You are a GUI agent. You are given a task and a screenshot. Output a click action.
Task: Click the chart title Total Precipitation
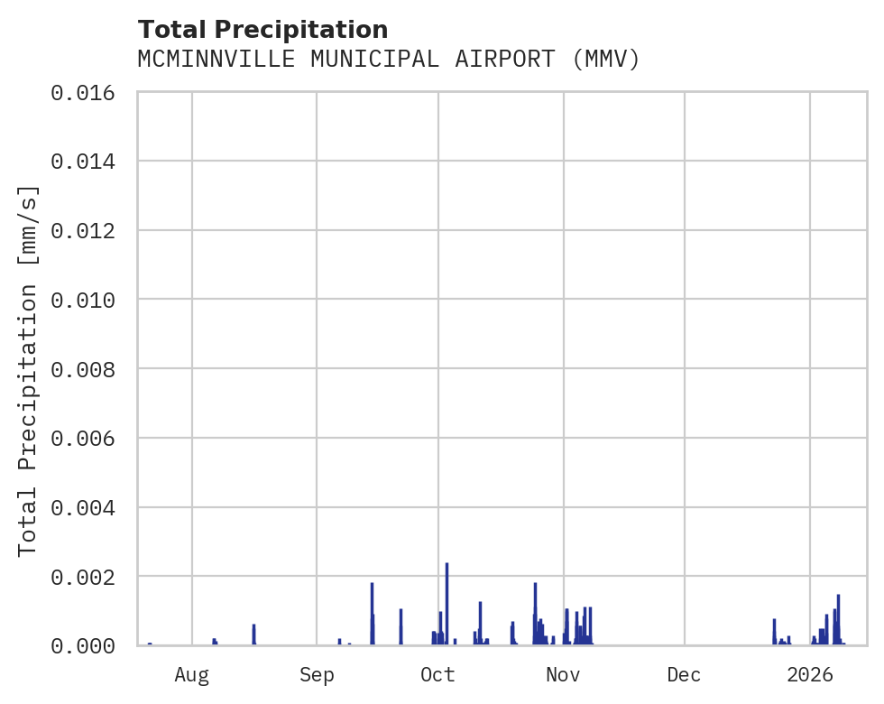(x=262, y=29)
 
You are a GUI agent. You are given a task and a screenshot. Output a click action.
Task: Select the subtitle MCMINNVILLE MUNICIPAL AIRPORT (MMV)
(x=389, y=60)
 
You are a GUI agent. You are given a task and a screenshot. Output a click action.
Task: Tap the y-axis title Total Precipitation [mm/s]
(x=28, y=370)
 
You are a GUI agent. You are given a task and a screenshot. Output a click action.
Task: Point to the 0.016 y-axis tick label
(x=88, y=92)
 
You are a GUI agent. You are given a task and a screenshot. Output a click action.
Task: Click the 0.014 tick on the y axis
(x=88, y=162)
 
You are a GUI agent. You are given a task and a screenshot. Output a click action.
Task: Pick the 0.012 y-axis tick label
(x=88, y=230)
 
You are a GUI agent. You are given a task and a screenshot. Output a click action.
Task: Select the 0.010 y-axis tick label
(x=88, y=300)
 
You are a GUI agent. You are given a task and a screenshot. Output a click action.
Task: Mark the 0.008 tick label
(x=88, y=369)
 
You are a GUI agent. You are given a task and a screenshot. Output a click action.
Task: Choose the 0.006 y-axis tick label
(x=88, y=438)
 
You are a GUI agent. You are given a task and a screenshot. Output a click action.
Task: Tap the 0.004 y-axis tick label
(x=88, y=507)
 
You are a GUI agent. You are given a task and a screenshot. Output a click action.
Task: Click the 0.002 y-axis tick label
(x=88, y=576)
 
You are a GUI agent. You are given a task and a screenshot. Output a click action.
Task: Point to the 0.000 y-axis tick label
(x=88, y=645)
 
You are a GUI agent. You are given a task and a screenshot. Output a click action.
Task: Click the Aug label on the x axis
(x=192, y=674)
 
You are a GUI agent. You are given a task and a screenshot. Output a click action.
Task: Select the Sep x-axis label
(x=317, y=674)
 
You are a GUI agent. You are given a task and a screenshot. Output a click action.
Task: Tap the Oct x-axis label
(x=438, y=674)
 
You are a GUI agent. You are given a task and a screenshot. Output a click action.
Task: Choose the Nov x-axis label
(x=563, y=674)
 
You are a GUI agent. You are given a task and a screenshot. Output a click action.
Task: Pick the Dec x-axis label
(x=685, y=674)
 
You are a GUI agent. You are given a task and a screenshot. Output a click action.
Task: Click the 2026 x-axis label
(x=810, y=674)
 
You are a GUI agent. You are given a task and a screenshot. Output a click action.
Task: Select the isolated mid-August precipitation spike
(x=254, y=635)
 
